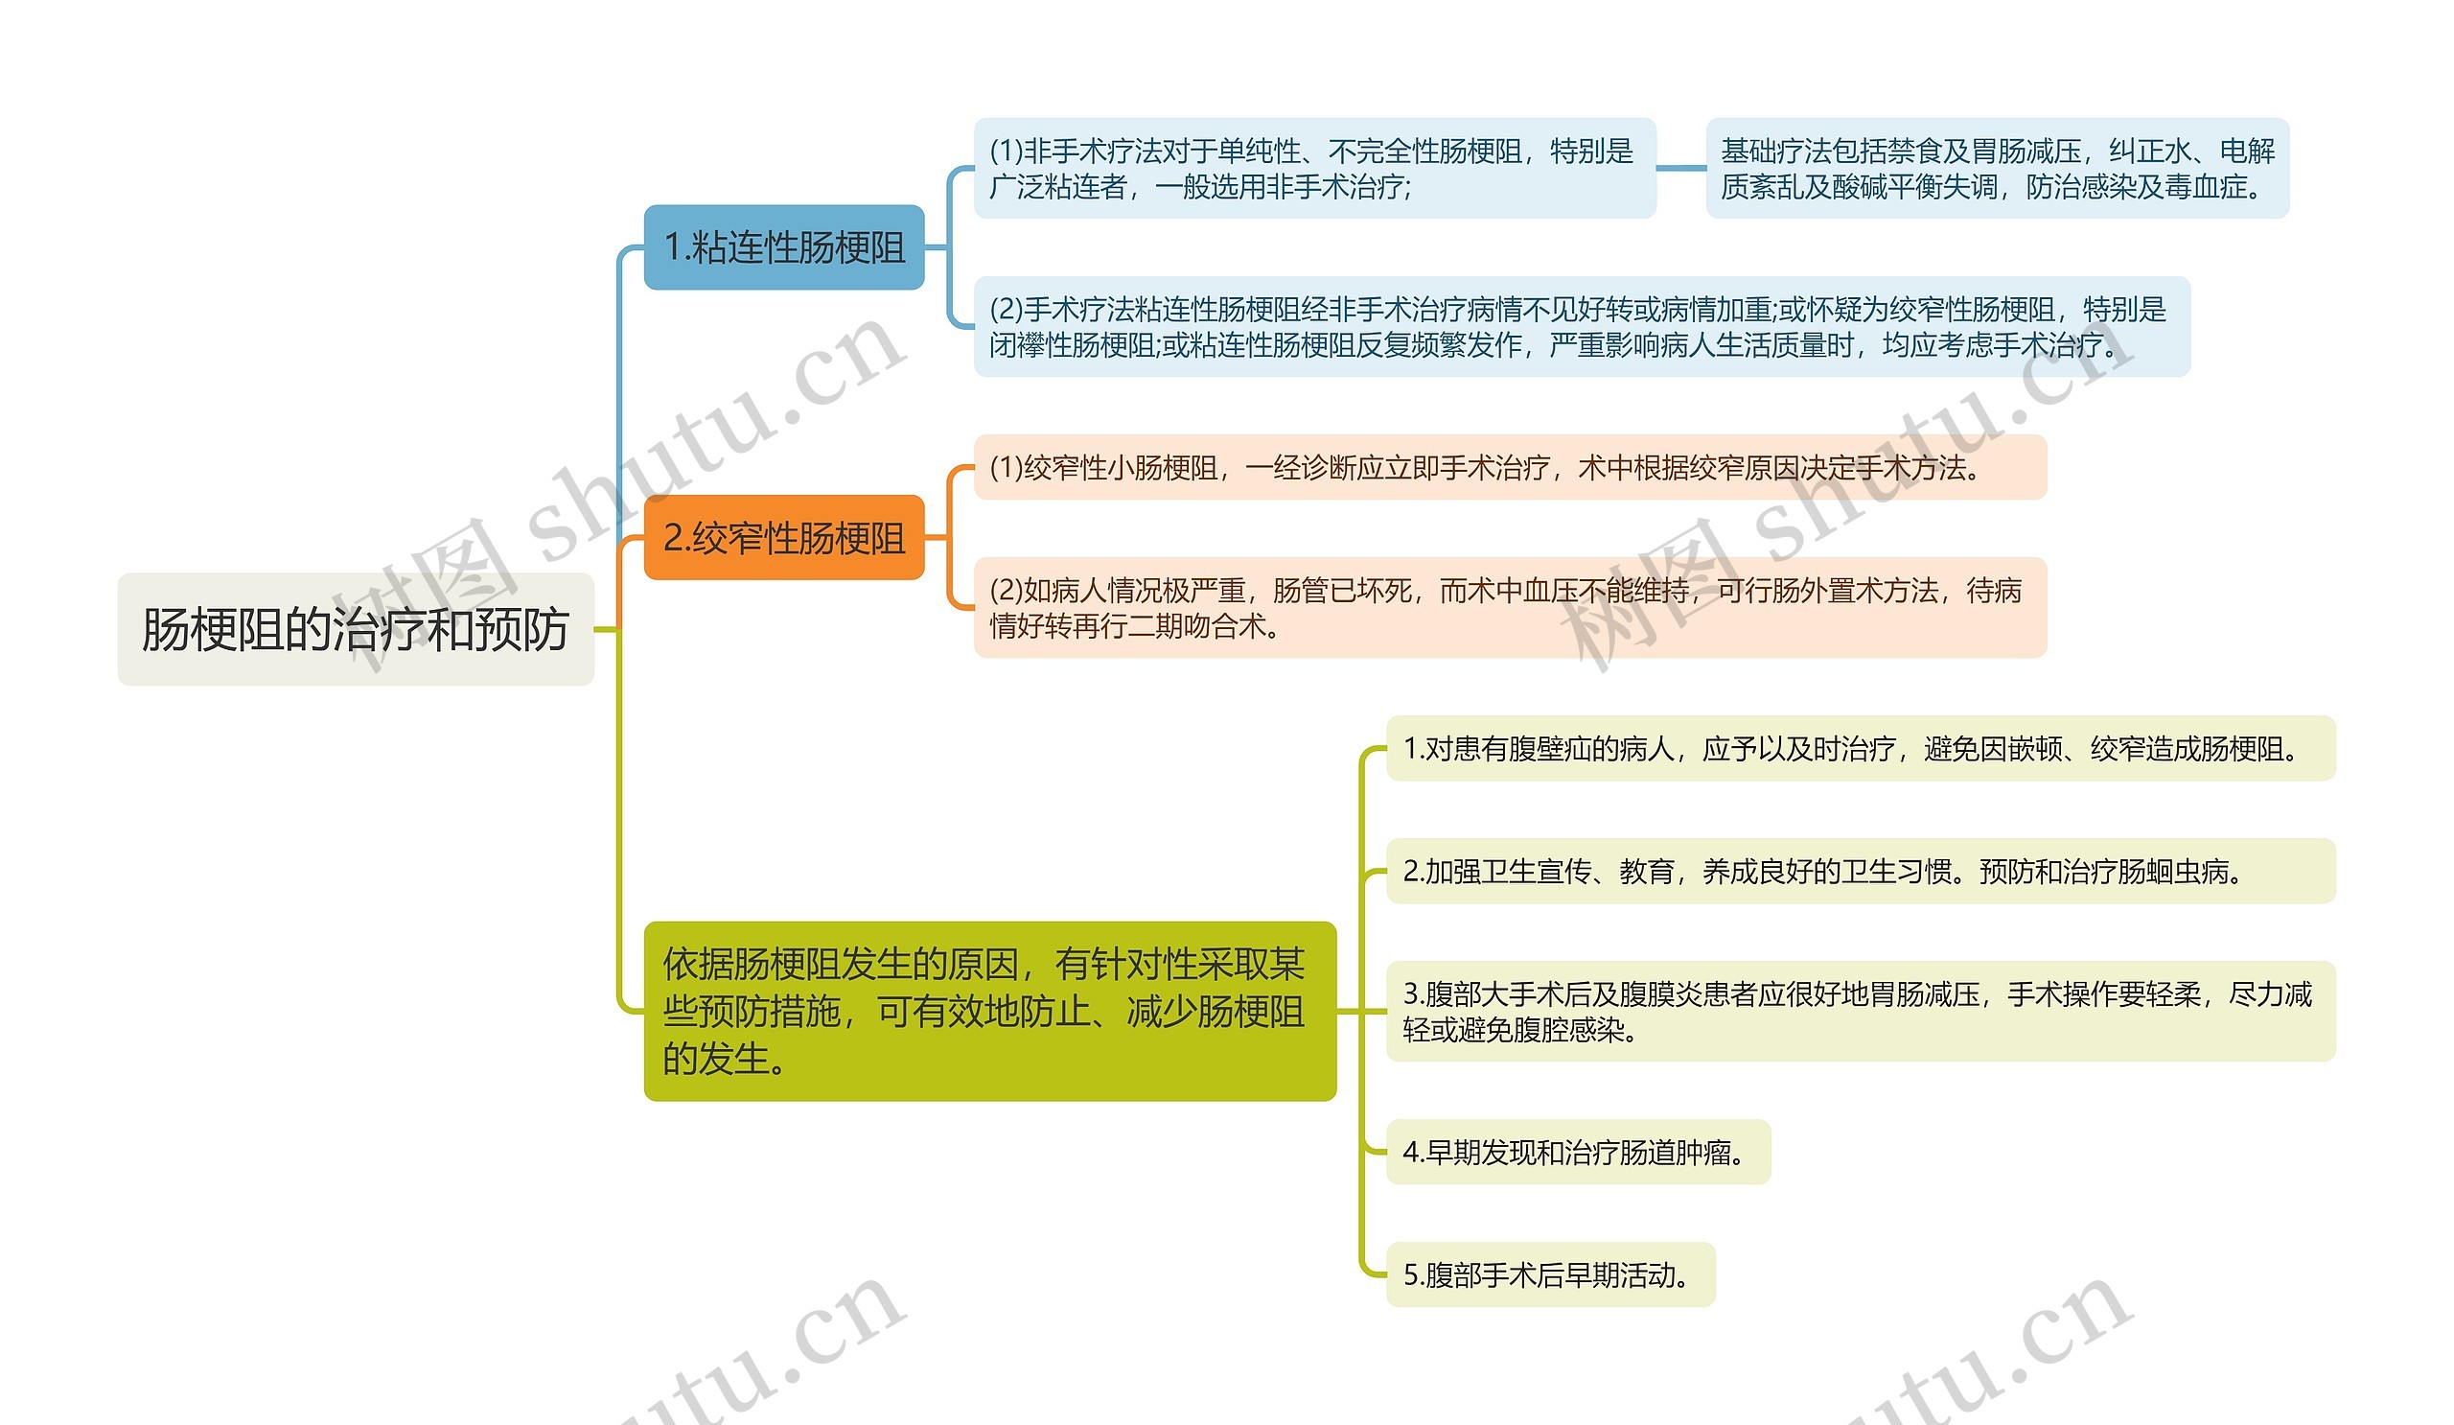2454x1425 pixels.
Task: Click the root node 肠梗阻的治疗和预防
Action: click(356, 629)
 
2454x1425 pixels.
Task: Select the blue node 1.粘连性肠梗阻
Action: click(784, 247)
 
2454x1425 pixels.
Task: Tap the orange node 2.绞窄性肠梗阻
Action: click(784, 538)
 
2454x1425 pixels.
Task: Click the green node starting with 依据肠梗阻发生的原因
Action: click(989, 1011)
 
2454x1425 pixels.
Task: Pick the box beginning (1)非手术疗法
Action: click(1314, 169)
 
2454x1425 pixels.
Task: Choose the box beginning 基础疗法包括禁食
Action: click(1997, 169)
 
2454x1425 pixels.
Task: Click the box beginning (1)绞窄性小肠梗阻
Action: click(1510, 468)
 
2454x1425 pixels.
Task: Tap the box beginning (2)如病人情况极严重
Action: click(1510, 608)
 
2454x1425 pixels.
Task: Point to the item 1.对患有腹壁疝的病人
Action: click(1860, 748)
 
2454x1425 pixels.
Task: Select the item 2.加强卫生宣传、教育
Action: click(1860, 871)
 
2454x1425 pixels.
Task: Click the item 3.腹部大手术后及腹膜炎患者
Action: click(1860, 1011)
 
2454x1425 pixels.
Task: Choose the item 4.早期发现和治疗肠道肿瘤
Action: click(1578, 1153)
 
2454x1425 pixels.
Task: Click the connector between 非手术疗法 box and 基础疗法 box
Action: click(1680, 168)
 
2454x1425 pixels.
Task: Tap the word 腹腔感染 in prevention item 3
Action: click(1569, 1031)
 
